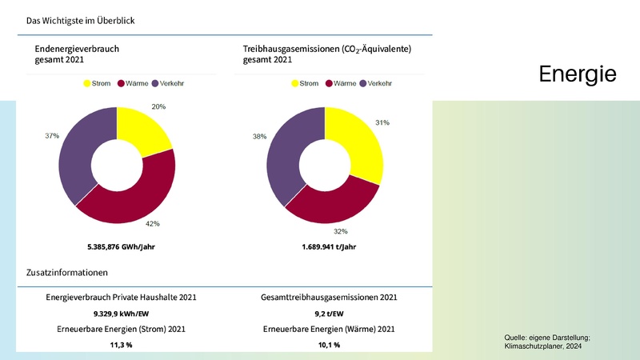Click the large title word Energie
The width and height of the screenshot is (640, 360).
576,74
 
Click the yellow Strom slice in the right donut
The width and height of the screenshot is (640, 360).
355,144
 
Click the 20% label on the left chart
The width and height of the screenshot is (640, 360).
158,106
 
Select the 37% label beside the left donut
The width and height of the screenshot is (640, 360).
52,136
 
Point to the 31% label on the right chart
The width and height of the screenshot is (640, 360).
382,122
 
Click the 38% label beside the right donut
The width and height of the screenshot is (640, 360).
259,137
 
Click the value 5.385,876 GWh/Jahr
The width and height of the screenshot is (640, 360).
120,247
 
